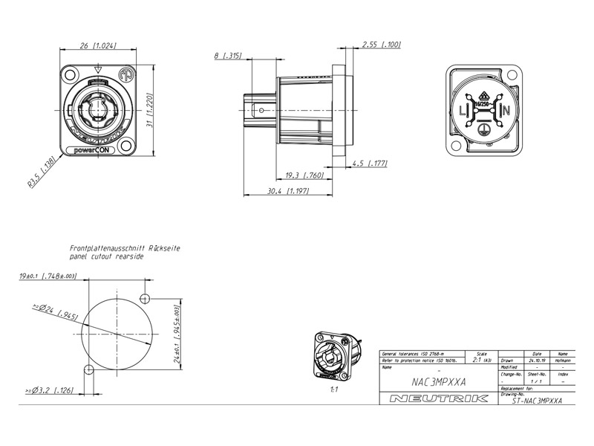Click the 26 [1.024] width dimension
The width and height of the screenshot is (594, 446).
coord(97,46)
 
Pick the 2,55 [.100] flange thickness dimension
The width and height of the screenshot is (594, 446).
coord(381,45)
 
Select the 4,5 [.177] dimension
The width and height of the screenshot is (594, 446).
coord(370,163)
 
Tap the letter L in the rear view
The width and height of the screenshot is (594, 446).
coord(463,111)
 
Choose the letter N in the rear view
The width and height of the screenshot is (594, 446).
coord(506,111)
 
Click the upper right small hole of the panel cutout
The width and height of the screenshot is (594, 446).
coord(146,298)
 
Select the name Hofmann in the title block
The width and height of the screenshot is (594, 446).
coord(563,361)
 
